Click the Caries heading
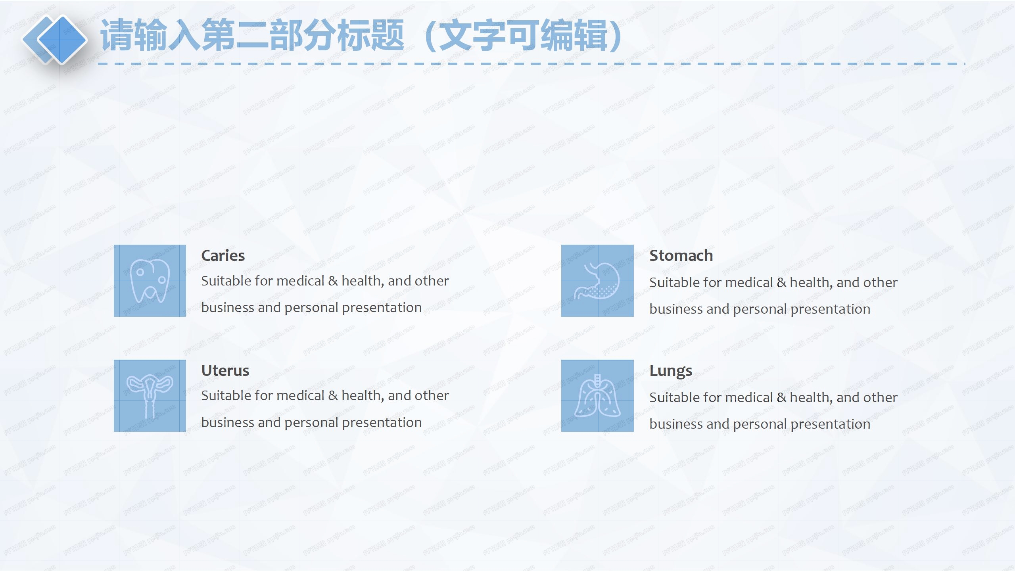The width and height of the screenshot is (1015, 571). (x=223, y=256)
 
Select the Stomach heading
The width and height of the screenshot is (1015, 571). (x=681, y=256)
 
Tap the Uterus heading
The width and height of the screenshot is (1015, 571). (x=225, y=371)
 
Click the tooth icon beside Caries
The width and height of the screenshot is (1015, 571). (x=150, y=281)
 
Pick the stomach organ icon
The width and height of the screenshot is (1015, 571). (x=597, y=281)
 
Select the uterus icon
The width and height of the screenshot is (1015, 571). (x=150, y=396)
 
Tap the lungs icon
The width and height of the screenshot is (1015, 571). (x=597, y=396)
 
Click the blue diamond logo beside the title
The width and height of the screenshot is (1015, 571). (x=56, y=39)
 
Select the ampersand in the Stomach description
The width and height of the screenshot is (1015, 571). (x=781, y=283)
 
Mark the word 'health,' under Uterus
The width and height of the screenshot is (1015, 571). (x=363, y=396)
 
